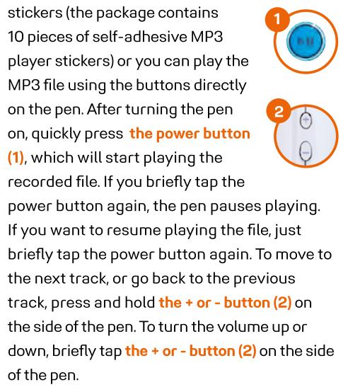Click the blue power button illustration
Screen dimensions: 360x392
coord(306,42)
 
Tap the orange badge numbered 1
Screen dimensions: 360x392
coord(277,18)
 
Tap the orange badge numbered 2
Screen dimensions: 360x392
coord(279,112)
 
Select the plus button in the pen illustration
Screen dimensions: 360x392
coord(306,120)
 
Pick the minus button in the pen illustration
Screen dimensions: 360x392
coord(306,152)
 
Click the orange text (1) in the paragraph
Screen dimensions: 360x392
coord(16,158)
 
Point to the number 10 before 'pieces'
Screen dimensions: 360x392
coord(16,37)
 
